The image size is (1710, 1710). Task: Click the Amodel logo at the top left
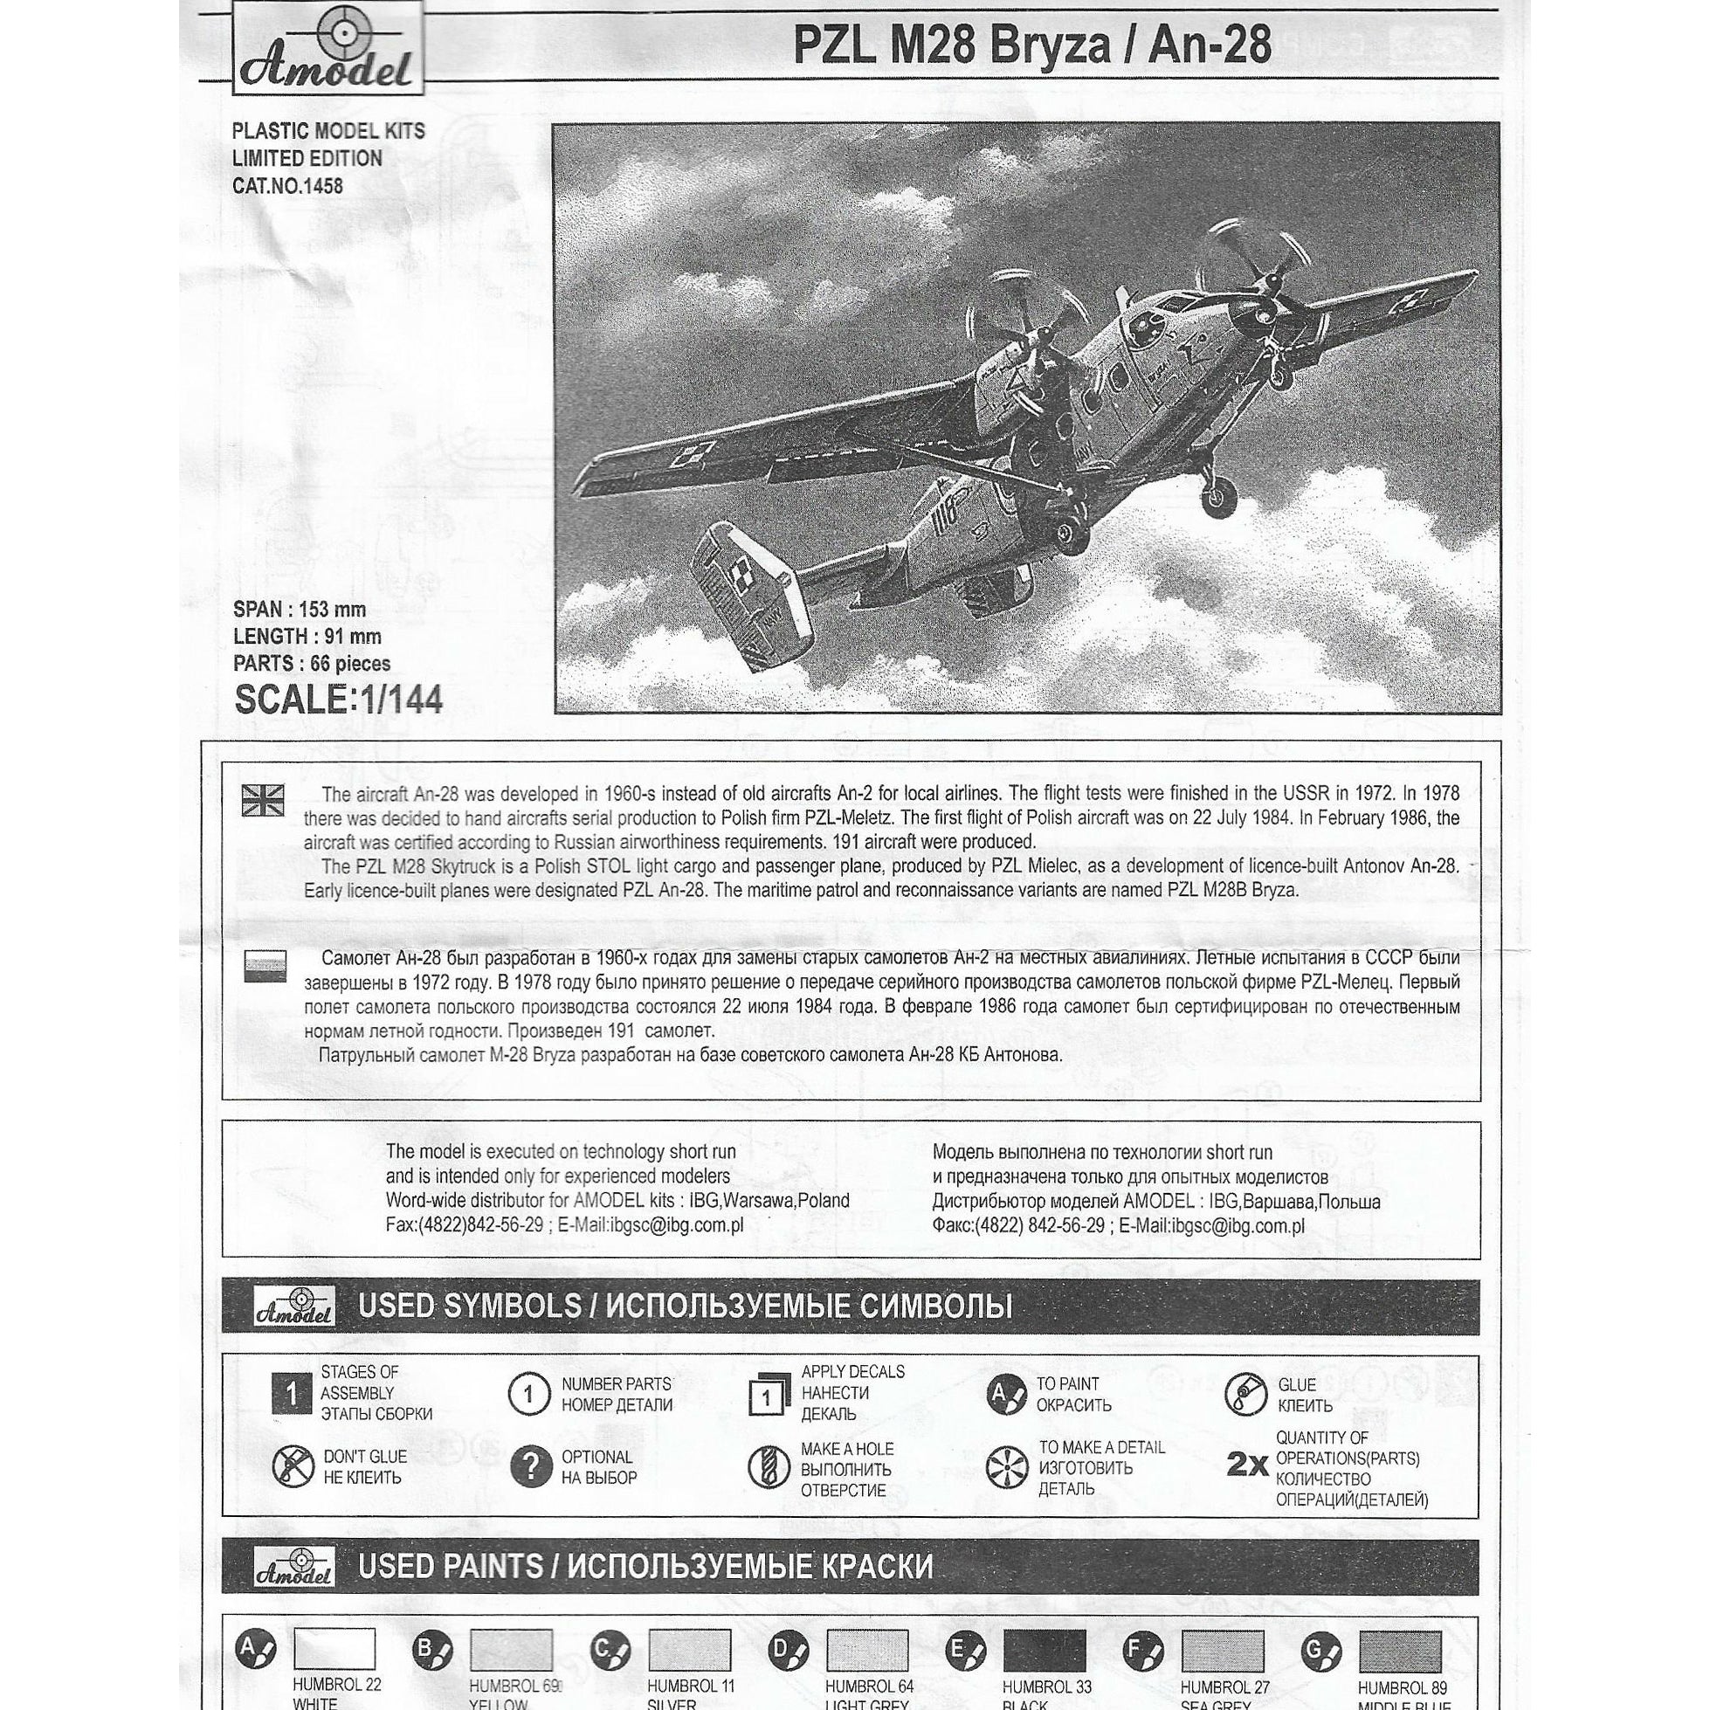pyautogui.click(x=328, y=50)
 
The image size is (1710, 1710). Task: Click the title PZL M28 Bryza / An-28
pyautogui.click(x=1032, y=45)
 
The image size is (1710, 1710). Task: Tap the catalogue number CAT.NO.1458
pyautogui.click(x=287, y=187)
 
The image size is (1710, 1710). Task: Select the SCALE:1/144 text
pyautogui.click(x=338, y=700)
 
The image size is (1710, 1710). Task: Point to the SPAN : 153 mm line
pyautogui.click(x=300, y=610)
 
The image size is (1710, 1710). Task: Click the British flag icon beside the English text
pyautogui.click(x=263, y=800)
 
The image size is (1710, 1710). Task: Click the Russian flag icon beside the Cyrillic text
pyautogui.click(x=264, y=967)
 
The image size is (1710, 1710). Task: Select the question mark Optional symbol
pyautogui.click(x=530, y=1467)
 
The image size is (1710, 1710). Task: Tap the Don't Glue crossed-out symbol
pyautogui.click(x=293, y=1466)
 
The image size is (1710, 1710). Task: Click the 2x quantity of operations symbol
pyautogui.click(x=1247, y=1465)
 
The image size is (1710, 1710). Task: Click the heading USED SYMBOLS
pyautogui.click(x=469, y=1307)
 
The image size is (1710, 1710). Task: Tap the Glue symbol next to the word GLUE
pyautogui.click(x=1245, y=1394)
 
